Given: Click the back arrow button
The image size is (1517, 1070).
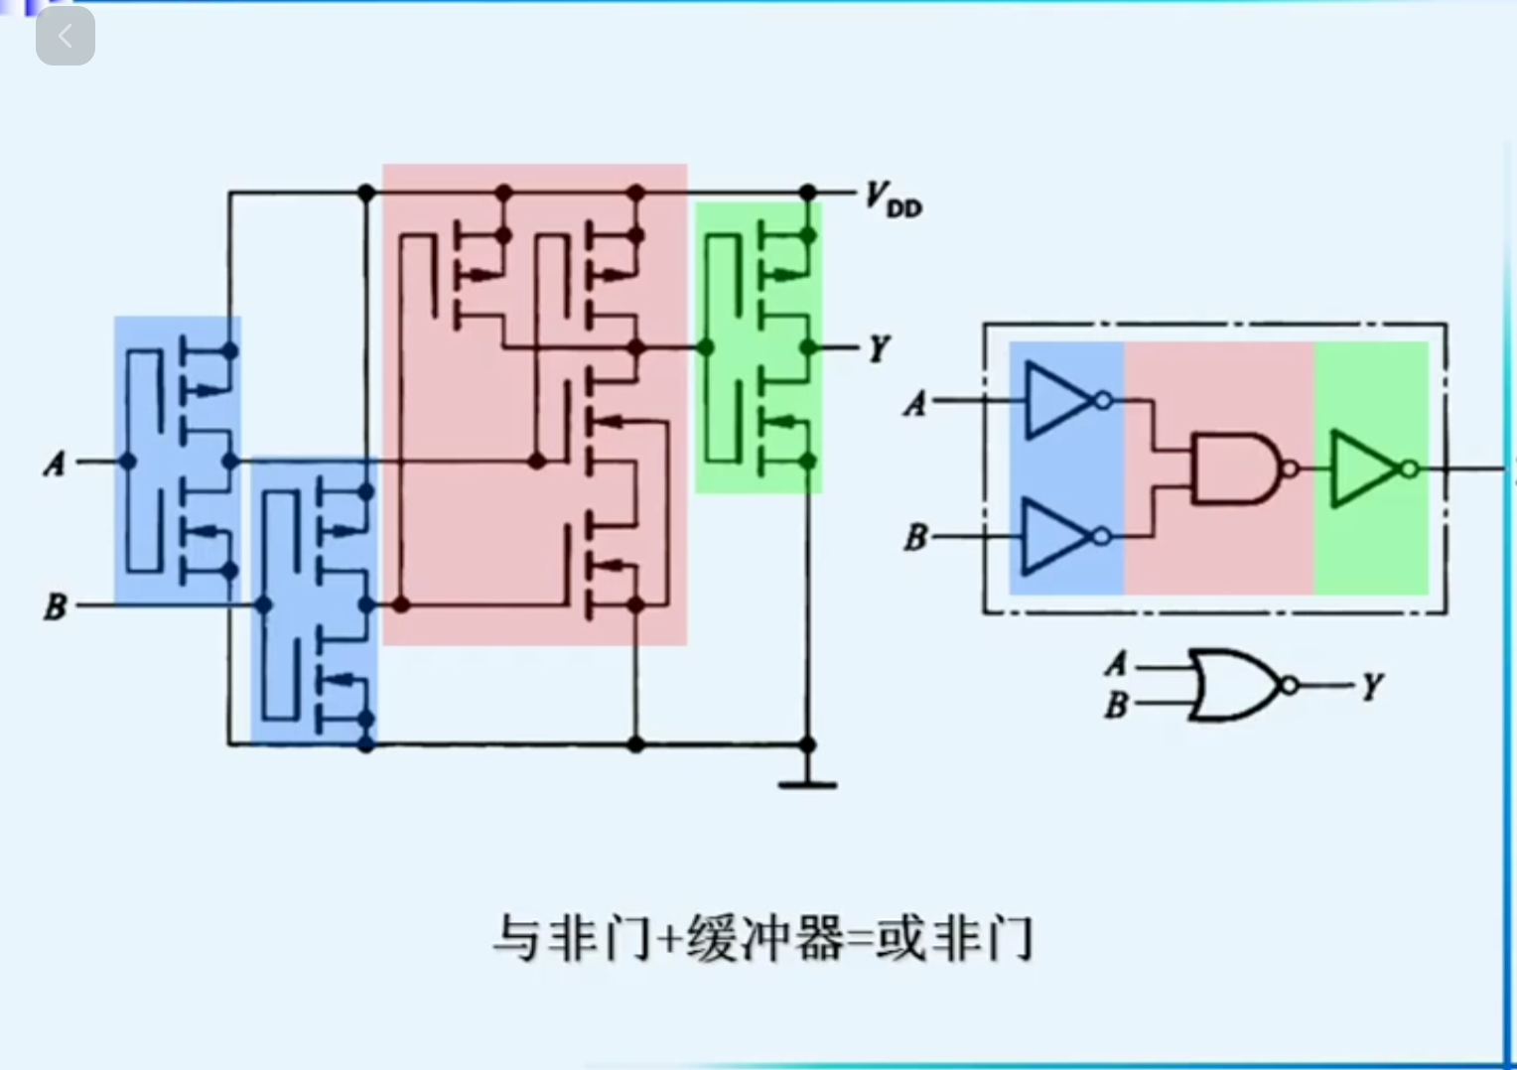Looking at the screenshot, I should pyautogui.click(x=66, y=37).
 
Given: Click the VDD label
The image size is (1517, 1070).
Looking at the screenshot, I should pyautogui.click(x=893, y=199).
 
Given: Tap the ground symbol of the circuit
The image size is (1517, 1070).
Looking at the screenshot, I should pyautogui.click(x=807, y=783).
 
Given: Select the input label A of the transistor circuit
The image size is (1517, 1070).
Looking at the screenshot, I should pyautogui.click(x=55, y=463).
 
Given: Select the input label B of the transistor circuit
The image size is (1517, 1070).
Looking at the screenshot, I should pyautogui.click(x=56, y=605).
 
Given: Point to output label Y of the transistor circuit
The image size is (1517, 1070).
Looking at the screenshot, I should pyautogui.click(x=879, y=349).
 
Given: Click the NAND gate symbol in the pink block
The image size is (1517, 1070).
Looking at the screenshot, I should pyautogui.click(x=1237, y=468).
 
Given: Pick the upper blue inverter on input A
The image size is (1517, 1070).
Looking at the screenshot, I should pyautogui.click(x=1058, y=401).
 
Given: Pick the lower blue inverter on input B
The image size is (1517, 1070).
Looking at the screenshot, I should pyautogui.click(x=1058, y=537).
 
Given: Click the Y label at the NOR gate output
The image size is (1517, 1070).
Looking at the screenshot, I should pyautogui.click(x=1372, y=686).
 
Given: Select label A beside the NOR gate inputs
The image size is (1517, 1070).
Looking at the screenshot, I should pyautogui.click(x=1117, y=664).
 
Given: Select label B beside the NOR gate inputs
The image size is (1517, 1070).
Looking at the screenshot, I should pyautogui.click(x=1117, y=705).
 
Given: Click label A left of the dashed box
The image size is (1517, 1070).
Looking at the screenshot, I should pyautogui.click(x=914, y=403).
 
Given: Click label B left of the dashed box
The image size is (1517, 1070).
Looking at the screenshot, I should pyautogui.click(x=914, y=538).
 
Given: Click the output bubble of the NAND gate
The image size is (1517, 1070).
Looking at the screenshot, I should pyautogui.click(x=1290, y=468).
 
